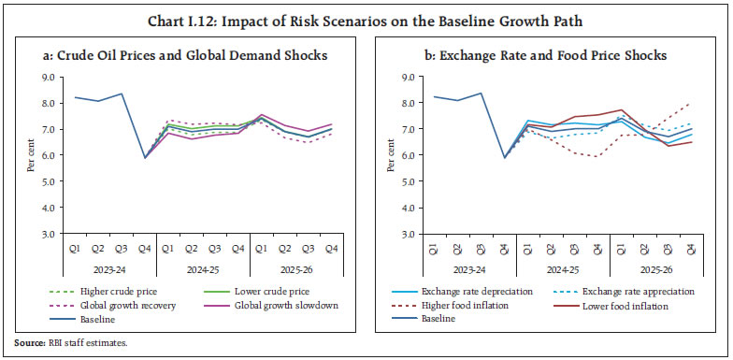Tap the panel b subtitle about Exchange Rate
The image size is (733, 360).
545,57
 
